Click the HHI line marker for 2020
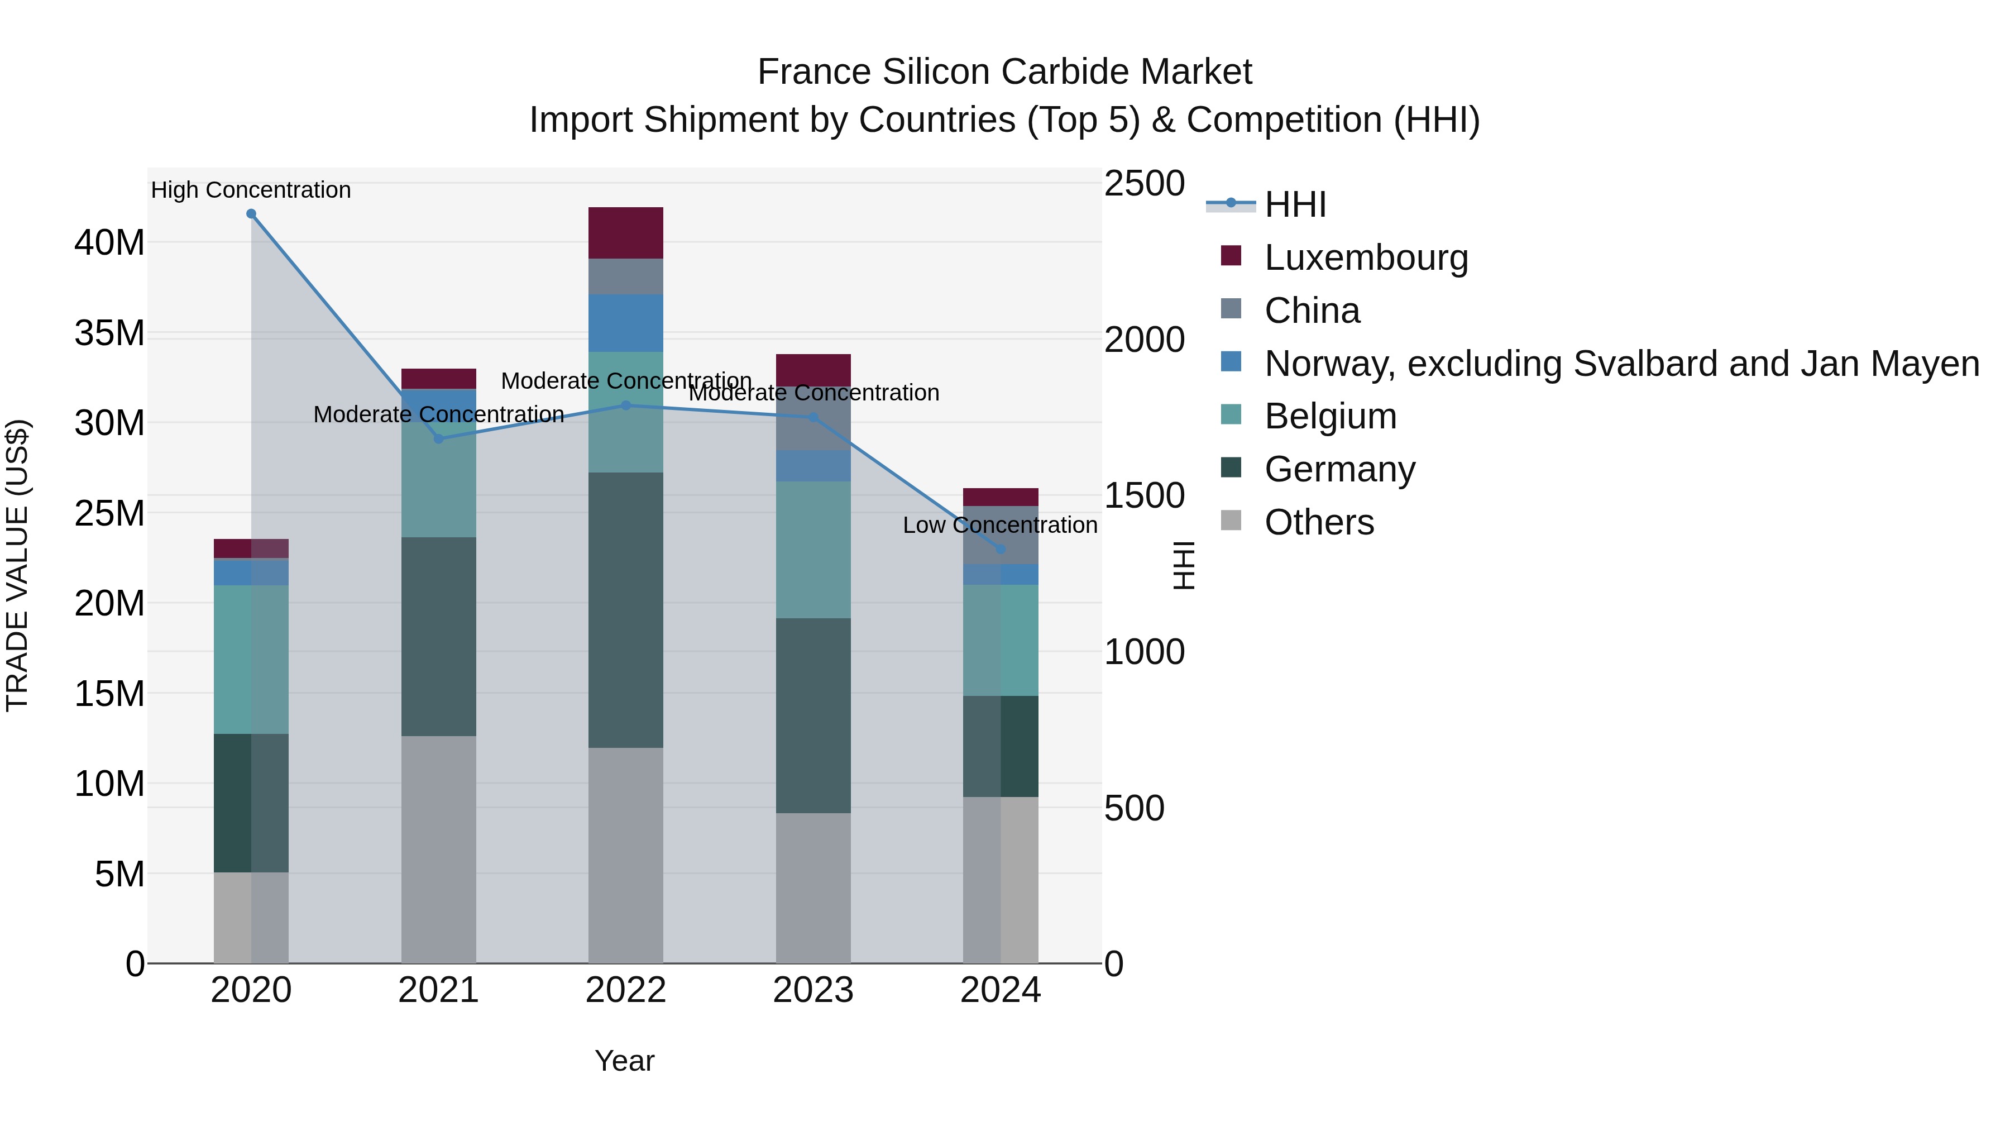tap(251, 214)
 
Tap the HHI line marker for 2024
tap(1001, 550)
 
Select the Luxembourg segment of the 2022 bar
tap(626, 232)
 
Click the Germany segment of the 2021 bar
tap(438, 636)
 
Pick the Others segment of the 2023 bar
tap(813, 887)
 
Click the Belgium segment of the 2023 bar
tap(813, 550)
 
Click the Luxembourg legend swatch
tap(1231, 256)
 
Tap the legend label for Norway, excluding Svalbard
tap(1621, 364)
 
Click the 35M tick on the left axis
tap(109, 333)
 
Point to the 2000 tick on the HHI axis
tap(1144, 340)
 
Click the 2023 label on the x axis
tap(813, 990)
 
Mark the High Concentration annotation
tap(251, 190)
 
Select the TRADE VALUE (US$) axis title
tap(17, 565)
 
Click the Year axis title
tap(624, 1061)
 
